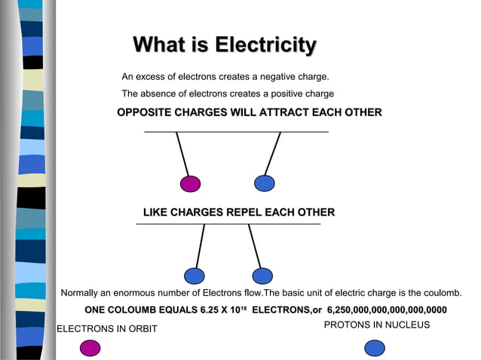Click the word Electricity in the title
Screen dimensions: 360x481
pos(265,45)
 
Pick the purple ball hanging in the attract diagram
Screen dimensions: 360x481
pos(190,184)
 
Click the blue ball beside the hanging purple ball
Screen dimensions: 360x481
pos(264,183)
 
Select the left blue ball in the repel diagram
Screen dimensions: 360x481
pos(195,276)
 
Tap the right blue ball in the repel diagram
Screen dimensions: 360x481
pos(262,276)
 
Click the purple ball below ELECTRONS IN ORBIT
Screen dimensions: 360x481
pos(90,347)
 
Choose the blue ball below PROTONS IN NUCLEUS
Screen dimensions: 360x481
pos(375,347)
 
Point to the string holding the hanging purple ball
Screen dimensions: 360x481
pos(182,154)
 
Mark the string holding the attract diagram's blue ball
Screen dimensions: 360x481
pos(273,153)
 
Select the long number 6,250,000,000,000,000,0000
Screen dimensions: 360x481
pos(387,310)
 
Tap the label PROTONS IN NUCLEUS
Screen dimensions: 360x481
pos(376,325)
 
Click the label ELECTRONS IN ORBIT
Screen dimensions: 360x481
pos(106,328)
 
